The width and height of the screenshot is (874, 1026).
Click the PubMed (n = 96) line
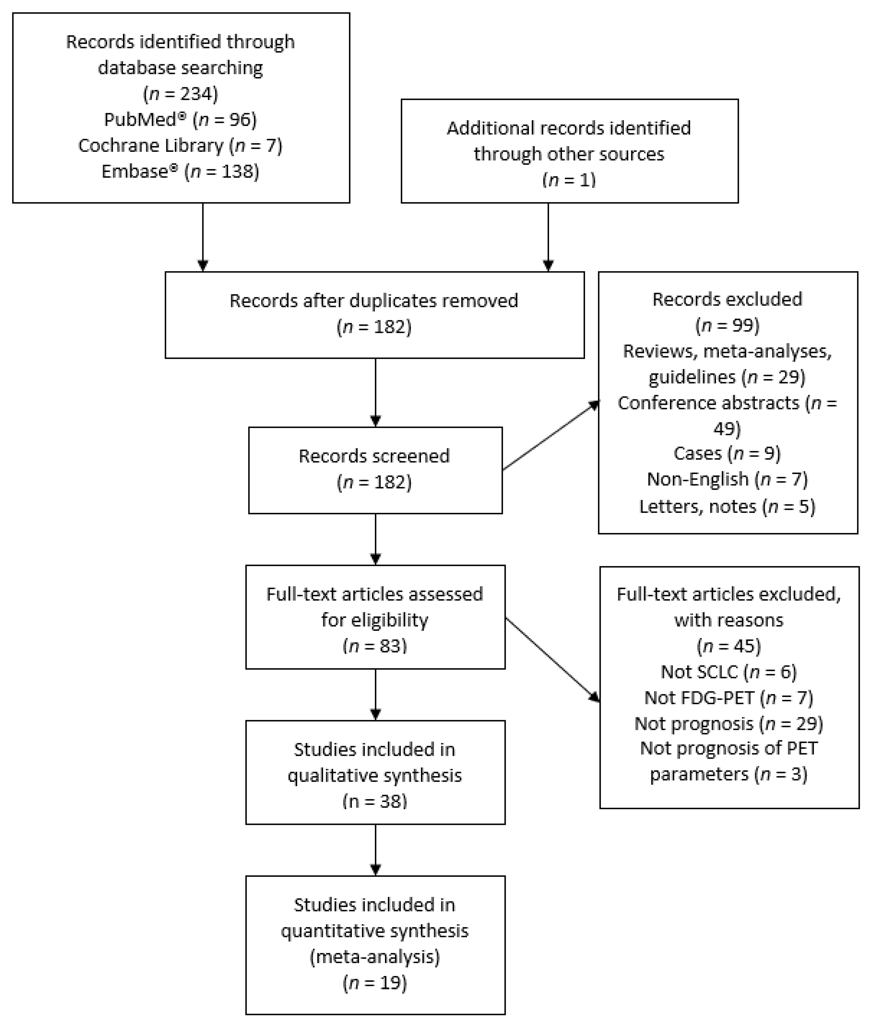[x=180, y=119]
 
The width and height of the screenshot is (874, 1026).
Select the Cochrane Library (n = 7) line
[x=180, y=146]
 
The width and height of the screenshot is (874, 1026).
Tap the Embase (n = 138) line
[x=180, y=171]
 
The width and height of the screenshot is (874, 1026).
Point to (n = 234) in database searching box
[x=180, y=94]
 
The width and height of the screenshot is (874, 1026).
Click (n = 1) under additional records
[x=569, y=180]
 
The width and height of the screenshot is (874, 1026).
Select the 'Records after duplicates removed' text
[x=374, y=301]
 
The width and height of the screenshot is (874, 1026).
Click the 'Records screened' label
[x=374, y=456]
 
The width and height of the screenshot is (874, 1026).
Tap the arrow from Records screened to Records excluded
[x=550, y=436]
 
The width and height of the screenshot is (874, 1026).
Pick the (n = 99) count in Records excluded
[x=727, y=325]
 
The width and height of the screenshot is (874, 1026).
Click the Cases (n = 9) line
[x=727, y=453]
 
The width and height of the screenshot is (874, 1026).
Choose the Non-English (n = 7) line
[x=727, y=479]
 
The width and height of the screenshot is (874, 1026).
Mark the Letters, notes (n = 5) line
[x=727, y=506]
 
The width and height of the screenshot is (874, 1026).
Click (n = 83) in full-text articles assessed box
[x=375, y=646]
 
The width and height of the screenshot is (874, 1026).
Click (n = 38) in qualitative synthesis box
[x=375, y=801]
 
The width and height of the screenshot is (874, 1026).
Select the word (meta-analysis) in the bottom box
[x=375, y=957]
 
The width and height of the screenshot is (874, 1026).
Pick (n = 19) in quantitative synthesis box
[x=375, y=983]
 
